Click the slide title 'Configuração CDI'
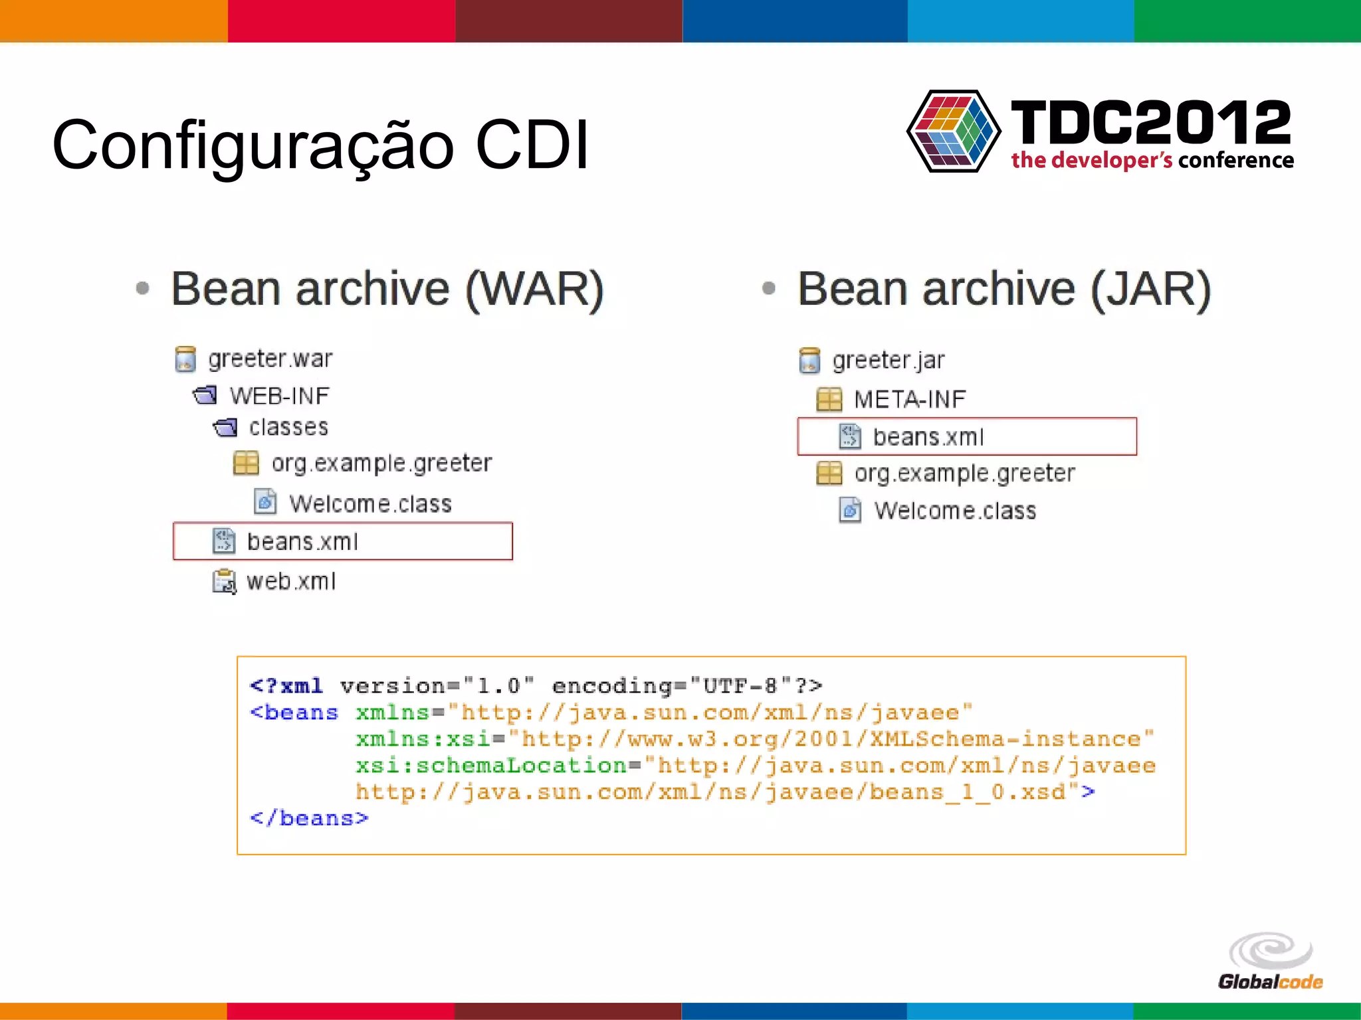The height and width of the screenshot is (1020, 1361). [320, 145]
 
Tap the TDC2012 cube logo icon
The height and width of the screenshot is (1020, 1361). [953, 131]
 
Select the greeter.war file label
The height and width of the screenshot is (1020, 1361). [270, 359]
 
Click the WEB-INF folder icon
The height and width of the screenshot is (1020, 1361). [205, 396]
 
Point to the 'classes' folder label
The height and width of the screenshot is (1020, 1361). [288, 427]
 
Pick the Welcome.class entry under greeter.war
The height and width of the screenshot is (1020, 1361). [370, 503]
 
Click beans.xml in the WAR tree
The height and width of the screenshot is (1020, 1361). [302, 542]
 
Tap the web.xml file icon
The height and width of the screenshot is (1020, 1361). [224, 582]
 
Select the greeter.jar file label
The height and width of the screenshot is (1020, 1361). [888, 360]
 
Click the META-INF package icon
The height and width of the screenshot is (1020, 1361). [829, 399]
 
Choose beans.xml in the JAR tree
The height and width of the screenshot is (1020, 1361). [928, 437]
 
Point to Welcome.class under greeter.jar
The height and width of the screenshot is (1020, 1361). [955, 511]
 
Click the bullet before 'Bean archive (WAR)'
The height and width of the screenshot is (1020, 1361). [142, 288]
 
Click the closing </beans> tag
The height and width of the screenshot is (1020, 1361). [308, 818]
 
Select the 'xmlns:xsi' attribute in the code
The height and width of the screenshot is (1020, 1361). [422, 738]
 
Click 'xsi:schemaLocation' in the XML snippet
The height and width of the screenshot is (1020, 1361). [491, 765]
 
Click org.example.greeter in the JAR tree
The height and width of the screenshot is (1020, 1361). [964, 473]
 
